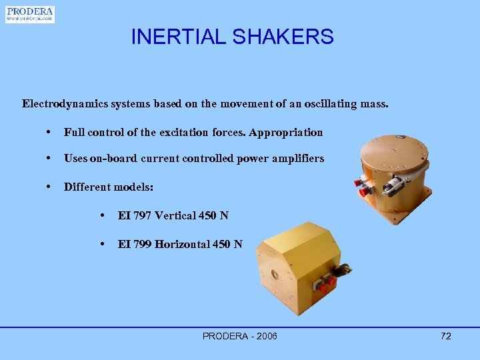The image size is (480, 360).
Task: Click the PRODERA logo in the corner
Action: coord(29,14)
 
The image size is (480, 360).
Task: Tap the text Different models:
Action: coord(108,187)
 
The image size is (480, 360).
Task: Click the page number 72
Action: coord(445,336)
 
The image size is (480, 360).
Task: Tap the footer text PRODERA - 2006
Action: coord(239,336)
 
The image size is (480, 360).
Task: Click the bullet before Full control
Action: coord(49,132)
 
